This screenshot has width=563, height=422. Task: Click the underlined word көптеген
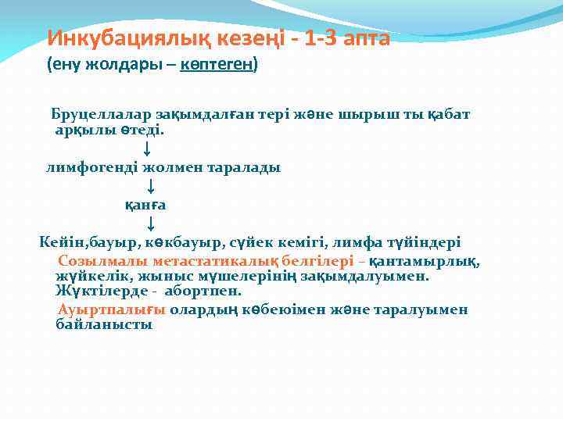pos(217,64)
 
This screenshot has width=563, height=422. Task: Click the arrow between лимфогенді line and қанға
pos(150,187)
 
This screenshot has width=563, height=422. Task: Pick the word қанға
pos(146,205)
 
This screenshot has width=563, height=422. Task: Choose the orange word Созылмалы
pos(103,260)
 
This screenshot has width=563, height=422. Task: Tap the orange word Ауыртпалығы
pos(111,309)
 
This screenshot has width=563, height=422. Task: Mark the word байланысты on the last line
pos(104,324)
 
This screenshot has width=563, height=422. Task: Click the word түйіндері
pos(421,243)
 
